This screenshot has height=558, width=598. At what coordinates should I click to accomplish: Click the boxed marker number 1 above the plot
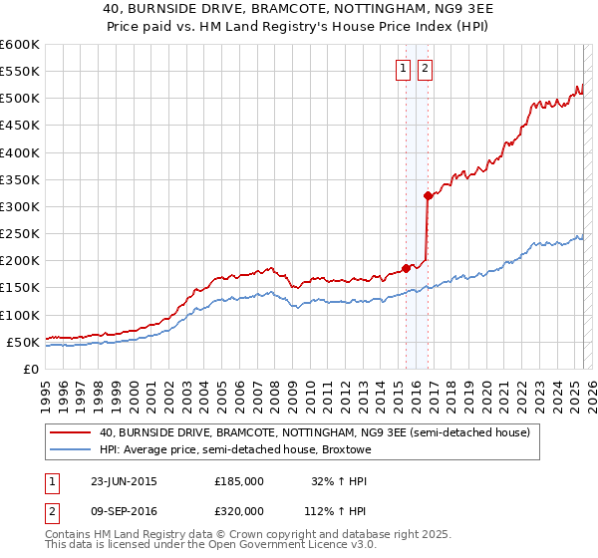404,69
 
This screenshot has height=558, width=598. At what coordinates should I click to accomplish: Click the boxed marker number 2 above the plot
425,69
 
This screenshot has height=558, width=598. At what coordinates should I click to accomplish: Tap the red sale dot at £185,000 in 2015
407,268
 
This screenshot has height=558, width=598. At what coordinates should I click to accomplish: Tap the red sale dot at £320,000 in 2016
428,195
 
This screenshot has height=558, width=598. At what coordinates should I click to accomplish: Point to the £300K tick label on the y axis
20,207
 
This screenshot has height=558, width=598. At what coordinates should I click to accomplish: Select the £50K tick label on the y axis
24,342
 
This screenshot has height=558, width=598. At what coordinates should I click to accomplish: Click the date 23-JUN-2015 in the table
124,480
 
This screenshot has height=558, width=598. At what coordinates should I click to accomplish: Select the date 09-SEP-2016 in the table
124,512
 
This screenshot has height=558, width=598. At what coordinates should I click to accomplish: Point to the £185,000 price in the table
239,480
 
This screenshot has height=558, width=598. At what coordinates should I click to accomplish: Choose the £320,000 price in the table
239,512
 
